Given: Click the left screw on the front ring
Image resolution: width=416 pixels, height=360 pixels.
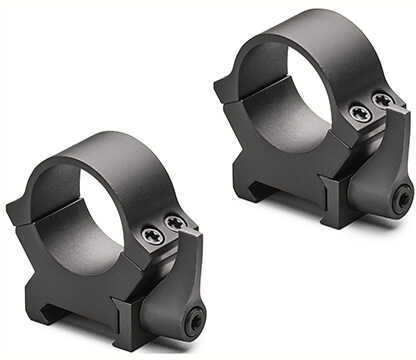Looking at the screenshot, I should pyautogui.click(x=153, y=236).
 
